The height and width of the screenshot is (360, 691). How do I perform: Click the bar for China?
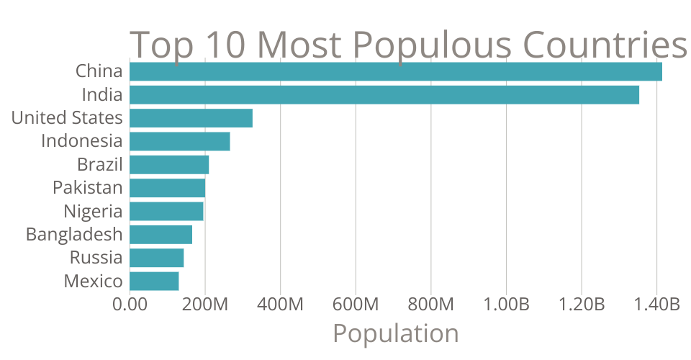pyautogui.click(x=396, y=72)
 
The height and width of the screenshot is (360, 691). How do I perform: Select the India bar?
pyautogui.click(x=384, y=95)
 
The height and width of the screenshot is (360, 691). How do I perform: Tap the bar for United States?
pyautogui.click(x=191, y=118)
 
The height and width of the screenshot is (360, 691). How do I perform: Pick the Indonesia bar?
pyautogui.click(x=180, y=141)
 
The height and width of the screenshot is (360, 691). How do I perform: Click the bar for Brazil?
pyautogui.click(x=169, y=165)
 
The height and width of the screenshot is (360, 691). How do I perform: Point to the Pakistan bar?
pyautogui.click(x=168, y=188)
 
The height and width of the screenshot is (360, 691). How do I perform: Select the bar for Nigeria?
pyautogui.click(x=166, y=212)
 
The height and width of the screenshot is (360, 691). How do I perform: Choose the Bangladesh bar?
pyautogui.click(x=161, y=235)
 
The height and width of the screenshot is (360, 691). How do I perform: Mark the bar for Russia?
pyautogui.click(x=157, y=258)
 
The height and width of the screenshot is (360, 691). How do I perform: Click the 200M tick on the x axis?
pyautogui.click(x=205, y=305)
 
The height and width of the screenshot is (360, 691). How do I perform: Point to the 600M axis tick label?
pyautogui.click(x=356, y=305)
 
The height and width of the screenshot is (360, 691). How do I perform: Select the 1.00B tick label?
pyautogui.click(x=505, y=305)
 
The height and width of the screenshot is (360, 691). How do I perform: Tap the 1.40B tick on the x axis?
pyautogui.click(x=656, y=305)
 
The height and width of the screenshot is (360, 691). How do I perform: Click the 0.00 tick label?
pyautogui.click(x=130, y=305)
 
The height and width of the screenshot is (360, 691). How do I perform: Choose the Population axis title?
pyautogui.click(x=395, y=334)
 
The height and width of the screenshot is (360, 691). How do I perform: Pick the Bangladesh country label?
pyautogui.click(x=74, y=235)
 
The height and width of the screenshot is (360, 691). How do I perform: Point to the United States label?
pyautogui.click(x=67, y=118)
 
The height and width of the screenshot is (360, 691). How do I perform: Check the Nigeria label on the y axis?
pyautogui.click(x=93, y=212)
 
